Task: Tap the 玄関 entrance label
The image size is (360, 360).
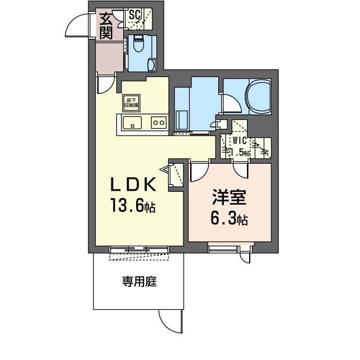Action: coord(106,26)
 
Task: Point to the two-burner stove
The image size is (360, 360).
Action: coord(157,122)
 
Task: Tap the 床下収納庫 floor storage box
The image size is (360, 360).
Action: coord(131,103)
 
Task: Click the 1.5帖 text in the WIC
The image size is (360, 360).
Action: coord(240,152)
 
